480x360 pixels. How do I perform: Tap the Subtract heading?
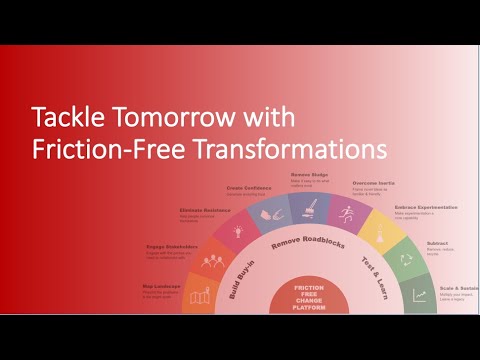[435, 242]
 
